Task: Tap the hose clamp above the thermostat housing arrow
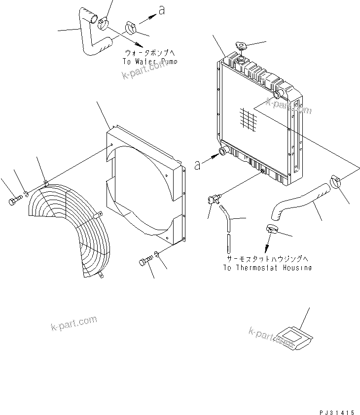coord(271,228)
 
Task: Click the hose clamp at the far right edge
coord(337,182)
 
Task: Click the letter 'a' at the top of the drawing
coord(161,10)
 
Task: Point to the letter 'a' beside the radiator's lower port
coord(198,165)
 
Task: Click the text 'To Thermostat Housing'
coord(267,268)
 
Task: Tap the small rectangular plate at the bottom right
coord(293,339)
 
